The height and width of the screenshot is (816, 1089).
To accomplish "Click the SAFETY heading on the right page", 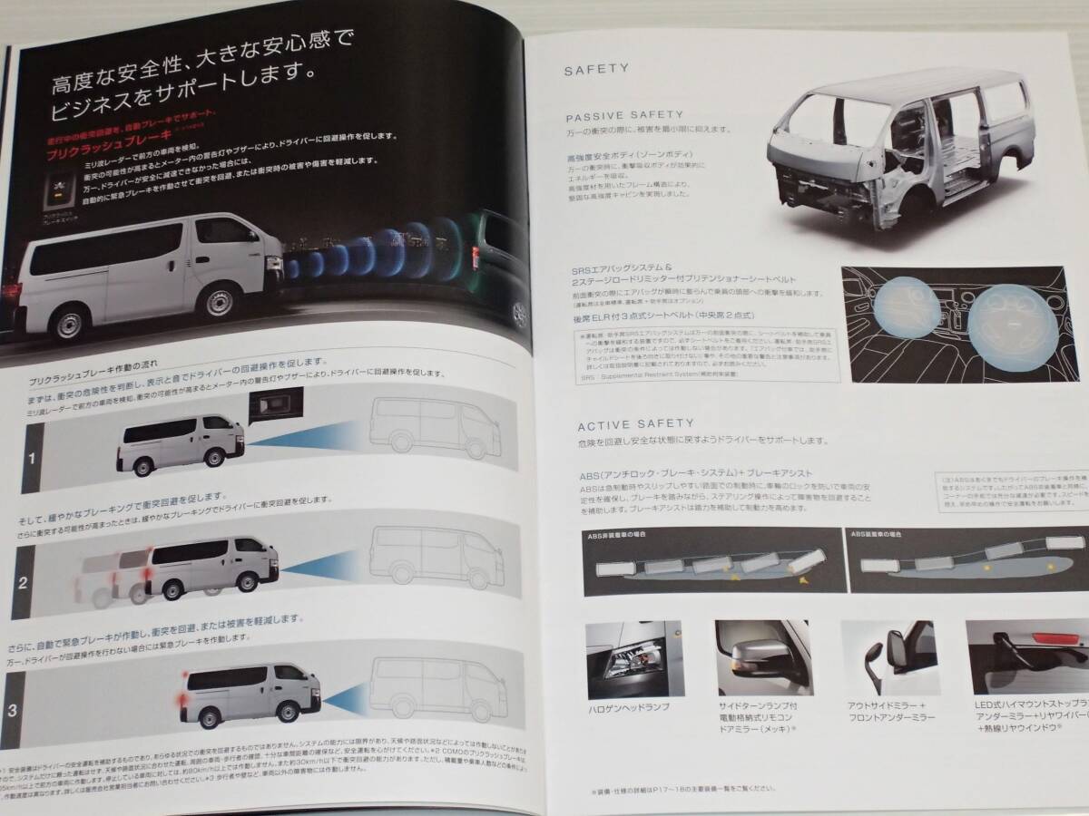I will click(591, 68).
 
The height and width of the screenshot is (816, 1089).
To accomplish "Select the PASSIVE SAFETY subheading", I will click(616, 117).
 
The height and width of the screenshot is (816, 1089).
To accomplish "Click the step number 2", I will click(24, 580).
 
